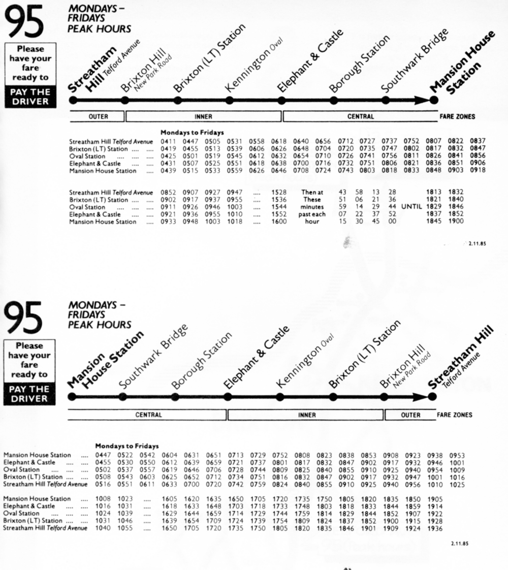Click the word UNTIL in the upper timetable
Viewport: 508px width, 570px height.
pos(411,207)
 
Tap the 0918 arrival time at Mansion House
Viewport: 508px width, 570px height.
pos(478,171)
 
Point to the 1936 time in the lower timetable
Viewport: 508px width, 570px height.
pos(435,528)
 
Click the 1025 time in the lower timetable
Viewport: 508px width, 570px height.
pos(457,485)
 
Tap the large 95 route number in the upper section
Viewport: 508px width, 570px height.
pos(23,23)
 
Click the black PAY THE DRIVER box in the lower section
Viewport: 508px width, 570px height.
pos(29,394)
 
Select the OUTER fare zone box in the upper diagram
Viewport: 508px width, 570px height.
pos(98,116)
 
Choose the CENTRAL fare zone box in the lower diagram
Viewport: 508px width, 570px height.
pos(148,415)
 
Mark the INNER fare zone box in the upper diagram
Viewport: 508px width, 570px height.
pos(203,116)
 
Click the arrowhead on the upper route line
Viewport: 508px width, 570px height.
pos(422,101)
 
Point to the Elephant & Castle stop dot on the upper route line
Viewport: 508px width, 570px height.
pos(281,101)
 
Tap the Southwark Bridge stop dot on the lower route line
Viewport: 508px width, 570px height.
pos(124,397)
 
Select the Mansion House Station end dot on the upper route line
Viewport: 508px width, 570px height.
pos(433,101)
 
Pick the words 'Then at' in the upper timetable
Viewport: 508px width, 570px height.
pos(312,193)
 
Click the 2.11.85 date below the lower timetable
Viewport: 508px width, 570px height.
pos(459,544)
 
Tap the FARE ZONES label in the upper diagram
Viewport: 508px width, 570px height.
pos(457,116)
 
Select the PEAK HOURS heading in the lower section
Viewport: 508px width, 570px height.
pos(100,325)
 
